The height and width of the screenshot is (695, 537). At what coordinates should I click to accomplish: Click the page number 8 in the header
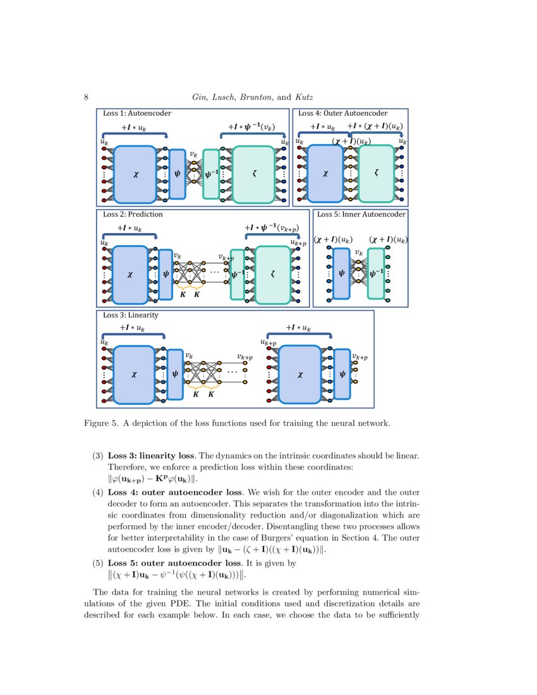click(85, 97)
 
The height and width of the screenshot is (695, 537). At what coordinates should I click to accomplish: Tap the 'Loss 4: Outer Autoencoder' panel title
click(342, 114)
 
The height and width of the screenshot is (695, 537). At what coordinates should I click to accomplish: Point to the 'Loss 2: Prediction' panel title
click(133, 214)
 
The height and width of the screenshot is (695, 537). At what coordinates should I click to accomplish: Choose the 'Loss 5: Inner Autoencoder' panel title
click(361, 214)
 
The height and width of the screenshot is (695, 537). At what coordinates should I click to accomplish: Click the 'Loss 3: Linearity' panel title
click(130, 315)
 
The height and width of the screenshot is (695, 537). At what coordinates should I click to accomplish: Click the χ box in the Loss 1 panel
click(135, 174)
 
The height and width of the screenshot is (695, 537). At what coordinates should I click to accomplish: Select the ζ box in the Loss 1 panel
click(253, 174)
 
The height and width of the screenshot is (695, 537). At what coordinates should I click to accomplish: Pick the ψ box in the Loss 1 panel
click(177, 174)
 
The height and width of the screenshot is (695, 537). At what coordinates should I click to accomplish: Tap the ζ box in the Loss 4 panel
click(377, 174)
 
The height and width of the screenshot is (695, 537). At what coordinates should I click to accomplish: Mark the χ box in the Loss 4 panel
click(325, 174)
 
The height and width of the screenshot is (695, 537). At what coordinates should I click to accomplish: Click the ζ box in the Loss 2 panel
click(272, 274)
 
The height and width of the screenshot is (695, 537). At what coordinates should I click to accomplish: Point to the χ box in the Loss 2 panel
click(130, 274)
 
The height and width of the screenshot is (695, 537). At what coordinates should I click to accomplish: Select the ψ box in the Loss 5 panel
click(341, 274)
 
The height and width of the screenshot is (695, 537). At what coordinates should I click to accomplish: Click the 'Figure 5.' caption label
click(101, 423)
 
